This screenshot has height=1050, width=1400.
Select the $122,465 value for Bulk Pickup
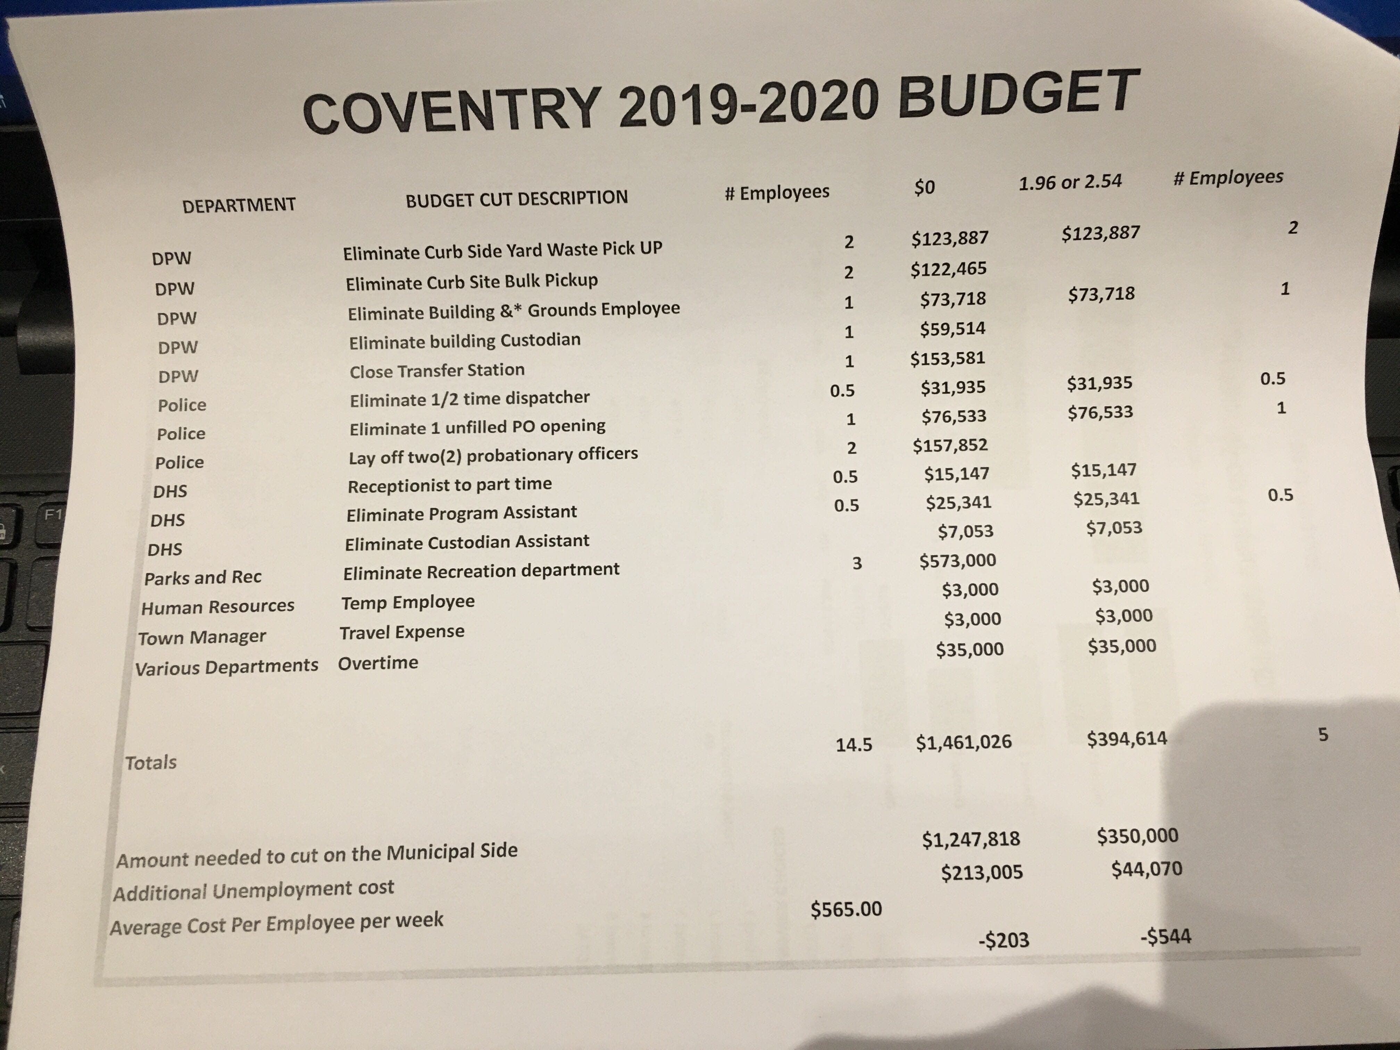pos(948,269)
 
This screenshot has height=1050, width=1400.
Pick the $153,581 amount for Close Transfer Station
pos(948,358)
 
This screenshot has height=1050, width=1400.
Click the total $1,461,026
pos(963,742)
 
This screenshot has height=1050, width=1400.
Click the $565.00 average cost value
pos(846,909)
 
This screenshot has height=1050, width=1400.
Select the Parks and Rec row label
pos(202,577)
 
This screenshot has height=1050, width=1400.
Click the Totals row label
pos(151,762)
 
